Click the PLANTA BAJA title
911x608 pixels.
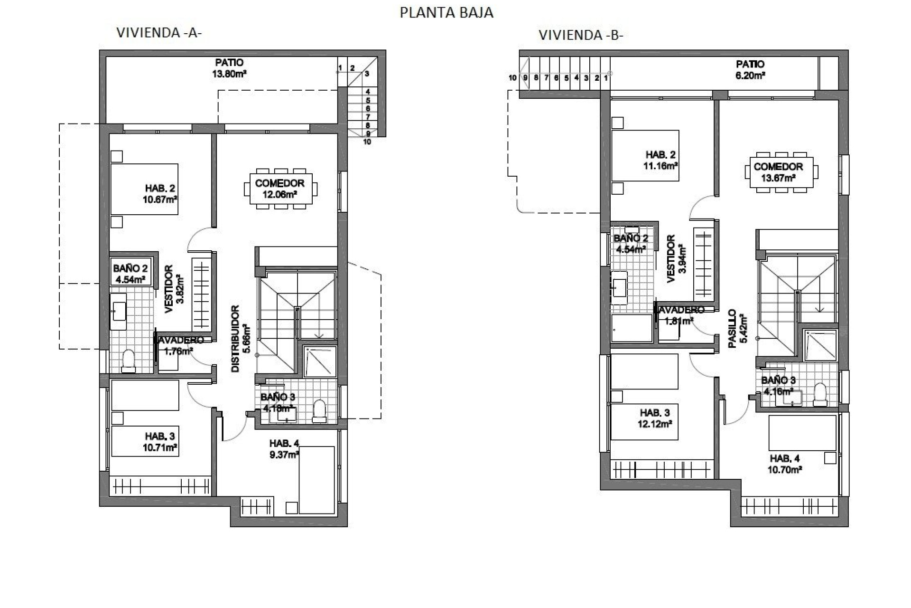click(446, 13)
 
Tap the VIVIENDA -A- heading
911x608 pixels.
click(159, 33)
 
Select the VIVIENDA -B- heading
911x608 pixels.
click(580, 35)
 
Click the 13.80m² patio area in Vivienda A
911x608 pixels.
click(229, 68)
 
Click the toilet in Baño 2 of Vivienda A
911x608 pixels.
click(128, 362)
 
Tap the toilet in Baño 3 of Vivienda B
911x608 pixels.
click(819, 395)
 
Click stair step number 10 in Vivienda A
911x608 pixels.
click(367, 142)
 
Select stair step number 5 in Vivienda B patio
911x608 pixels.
click(566, 78)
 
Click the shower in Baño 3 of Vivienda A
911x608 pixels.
click(319, 362)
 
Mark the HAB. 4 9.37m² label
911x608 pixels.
click(284, 449)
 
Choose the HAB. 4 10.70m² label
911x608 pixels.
click(785, 464)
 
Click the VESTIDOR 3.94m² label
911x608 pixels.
click(676, 259)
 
